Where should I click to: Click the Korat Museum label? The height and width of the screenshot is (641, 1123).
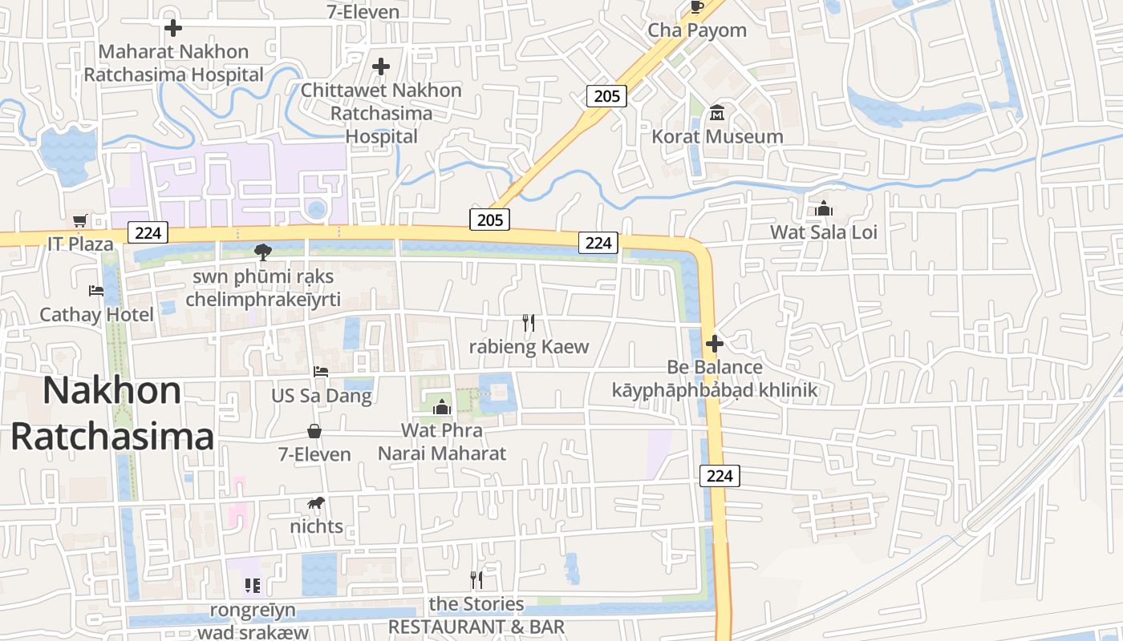(717, 137)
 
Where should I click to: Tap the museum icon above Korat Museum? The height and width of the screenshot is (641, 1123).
(717, 113)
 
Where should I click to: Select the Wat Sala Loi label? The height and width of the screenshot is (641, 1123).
(824, 232)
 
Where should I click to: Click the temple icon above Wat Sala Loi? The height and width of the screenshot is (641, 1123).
(824, 209)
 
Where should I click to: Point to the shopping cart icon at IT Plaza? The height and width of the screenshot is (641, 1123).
(79, 220)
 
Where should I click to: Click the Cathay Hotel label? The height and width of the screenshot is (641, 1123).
(96, 314)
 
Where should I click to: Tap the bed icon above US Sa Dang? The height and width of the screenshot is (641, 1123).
(321, 372)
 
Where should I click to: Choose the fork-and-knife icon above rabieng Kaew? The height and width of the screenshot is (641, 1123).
(529, 323)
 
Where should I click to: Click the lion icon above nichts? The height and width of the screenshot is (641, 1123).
(316, 503)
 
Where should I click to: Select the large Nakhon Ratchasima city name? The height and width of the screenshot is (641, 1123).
(112, 413)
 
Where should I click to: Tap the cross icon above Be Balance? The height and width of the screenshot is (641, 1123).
(714, 345)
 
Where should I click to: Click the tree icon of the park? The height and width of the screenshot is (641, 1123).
(262, 253)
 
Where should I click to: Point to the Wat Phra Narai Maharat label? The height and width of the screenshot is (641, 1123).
(442, 441)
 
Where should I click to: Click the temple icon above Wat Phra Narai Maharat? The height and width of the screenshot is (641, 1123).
(441, 407)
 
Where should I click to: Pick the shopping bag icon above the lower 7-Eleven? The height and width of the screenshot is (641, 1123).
(314, 431)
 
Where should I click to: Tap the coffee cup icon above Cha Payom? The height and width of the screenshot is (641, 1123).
(696, 7)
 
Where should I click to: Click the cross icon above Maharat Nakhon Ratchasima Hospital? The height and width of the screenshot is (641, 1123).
(172, 28)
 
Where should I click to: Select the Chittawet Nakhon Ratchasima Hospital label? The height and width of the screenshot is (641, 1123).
(381, 113)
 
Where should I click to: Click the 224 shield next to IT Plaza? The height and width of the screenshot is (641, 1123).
(148, 233)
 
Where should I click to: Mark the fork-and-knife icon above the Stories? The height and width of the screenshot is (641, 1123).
(476, 580)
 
